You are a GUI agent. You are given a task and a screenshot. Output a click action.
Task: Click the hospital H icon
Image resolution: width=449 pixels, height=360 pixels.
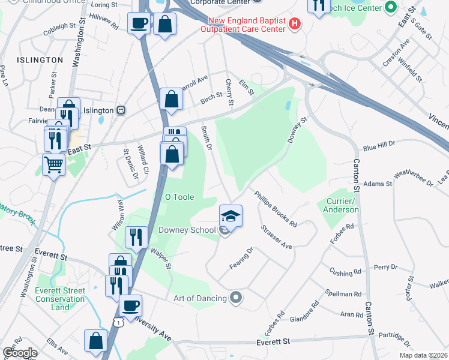point(295,24)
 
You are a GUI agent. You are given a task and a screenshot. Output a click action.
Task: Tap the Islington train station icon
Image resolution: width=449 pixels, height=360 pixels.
point(121,110)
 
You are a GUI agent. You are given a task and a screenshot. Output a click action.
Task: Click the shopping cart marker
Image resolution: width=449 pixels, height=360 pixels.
point(54,163)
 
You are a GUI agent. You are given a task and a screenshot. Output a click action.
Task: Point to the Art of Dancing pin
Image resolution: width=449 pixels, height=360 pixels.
point(236,298)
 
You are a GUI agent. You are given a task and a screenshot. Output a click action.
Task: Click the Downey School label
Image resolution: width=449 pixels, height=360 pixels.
point(187,230)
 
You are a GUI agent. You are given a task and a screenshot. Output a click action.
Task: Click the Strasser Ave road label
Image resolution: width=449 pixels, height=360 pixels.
point(276,238)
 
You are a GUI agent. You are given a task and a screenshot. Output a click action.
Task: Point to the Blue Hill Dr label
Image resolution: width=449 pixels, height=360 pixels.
point(379,146)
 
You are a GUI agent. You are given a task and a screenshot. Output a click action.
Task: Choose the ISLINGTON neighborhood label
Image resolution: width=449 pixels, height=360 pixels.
point(40,60)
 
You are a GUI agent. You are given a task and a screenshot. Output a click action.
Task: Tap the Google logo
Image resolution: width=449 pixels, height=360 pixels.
point(19,353)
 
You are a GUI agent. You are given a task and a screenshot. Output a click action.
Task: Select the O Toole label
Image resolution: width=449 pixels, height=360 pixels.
point(179,197)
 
